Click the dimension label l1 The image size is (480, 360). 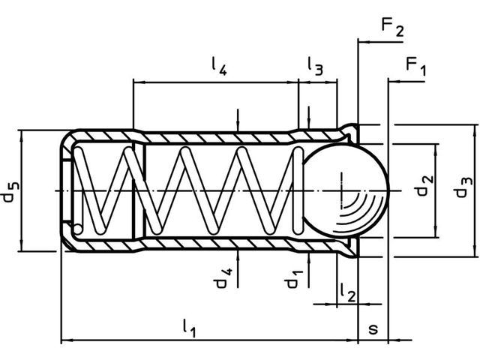(x=190, y=328)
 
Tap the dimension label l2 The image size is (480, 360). (x=346, y=291)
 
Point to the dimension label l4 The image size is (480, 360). (x=218, y=67)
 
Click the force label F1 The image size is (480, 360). (x=416, y=66)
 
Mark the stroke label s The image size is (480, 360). (x=373, y=329)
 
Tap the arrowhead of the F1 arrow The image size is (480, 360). (x=392, y=80)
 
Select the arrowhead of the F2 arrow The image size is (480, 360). (x=362, y=42)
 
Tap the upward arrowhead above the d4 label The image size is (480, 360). (x=238, y=255)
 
